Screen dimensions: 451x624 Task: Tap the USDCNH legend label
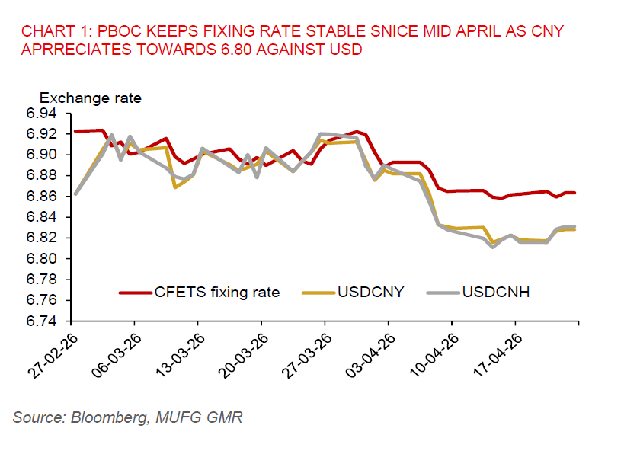coord(498,292)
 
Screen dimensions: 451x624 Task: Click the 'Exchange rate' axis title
coord(91,98)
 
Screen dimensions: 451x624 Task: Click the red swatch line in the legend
coord(137,292)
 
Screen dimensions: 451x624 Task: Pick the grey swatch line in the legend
coord(443,292)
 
